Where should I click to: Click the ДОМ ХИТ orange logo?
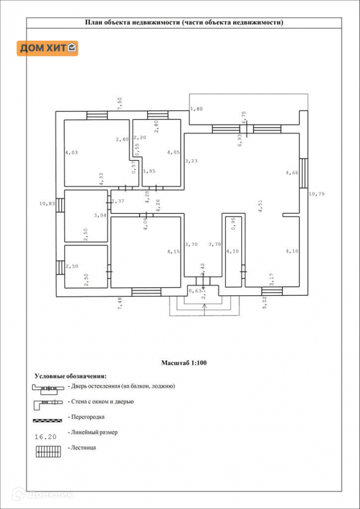48,48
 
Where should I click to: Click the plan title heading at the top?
184,23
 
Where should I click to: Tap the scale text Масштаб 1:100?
184,363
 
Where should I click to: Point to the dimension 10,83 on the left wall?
47,204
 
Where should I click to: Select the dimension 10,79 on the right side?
317,195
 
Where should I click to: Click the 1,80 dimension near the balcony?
196,109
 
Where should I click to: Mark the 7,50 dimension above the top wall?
119,103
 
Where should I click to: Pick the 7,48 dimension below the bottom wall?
119,304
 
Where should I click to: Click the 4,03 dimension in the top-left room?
71,152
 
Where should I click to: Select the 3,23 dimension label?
192,161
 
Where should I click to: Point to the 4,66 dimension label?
292,172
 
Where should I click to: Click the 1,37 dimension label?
118,201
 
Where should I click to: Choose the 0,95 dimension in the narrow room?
233,224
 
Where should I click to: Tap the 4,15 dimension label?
173,251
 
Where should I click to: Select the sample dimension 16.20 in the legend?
45,436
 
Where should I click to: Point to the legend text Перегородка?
88,417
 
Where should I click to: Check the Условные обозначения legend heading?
70,376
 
